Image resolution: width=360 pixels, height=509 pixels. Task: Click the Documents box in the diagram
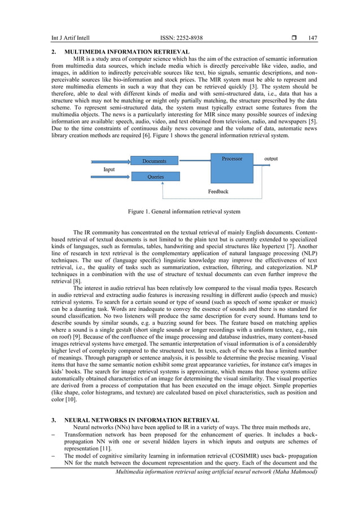coord(154,161)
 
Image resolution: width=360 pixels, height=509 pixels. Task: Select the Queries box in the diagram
coord(156,177)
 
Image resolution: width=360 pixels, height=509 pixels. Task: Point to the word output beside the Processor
coord(271,159)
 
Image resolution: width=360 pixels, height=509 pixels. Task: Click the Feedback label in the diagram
coord(218,192)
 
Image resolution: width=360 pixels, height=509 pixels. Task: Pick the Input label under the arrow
coord(109,169)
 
